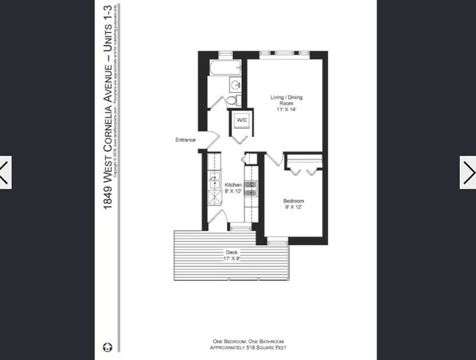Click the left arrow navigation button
coord(6,173)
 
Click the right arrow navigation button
coord(469,173)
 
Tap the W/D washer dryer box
coord(241,120)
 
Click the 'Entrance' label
coord(185,140)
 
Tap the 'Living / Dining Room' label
coord(287,100)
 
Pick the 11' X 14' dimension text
coord(287,110)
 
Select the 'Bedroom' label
coord(294,200)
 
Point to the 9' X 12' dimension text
coord(294,207)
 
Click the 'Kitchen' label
coord(233,184)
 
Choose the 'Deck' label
coord(231,252)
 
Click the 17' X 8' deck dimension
coord(231,258)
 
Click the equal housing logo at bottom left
coord(108,347)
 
